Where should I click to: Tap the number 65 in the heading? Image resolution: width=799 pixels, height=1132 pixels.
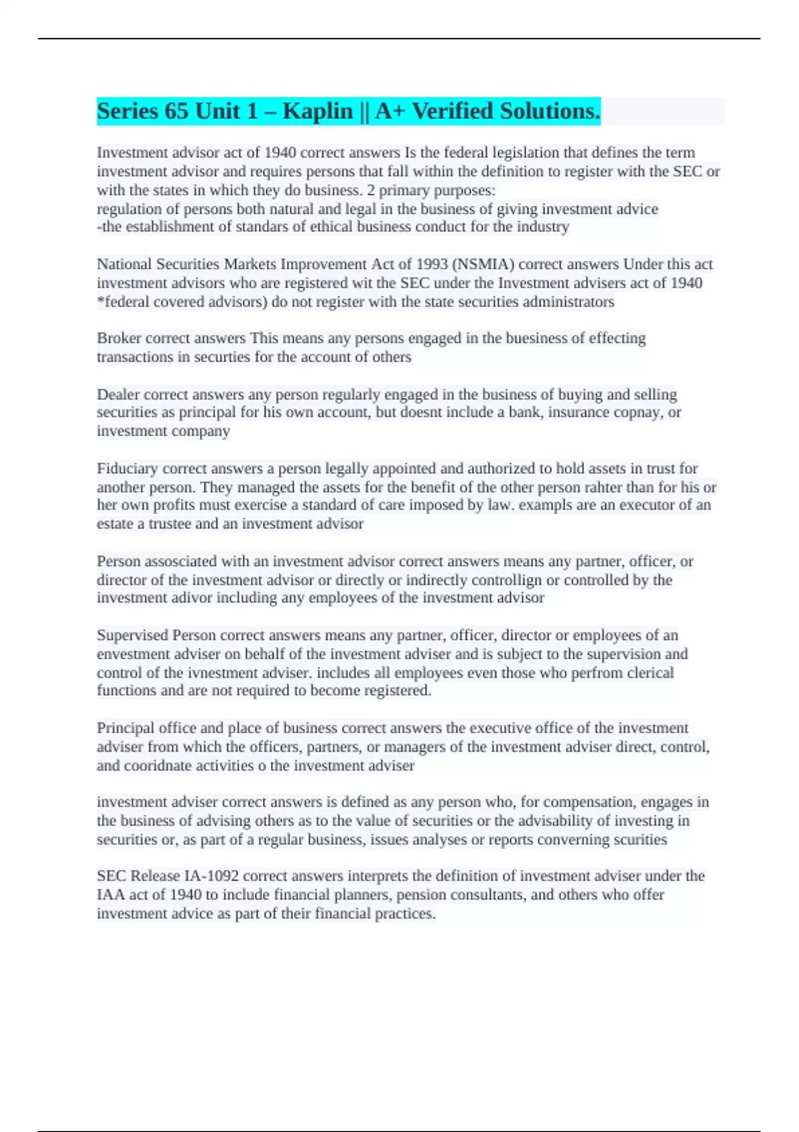pyautogui.click(x=176, y=111)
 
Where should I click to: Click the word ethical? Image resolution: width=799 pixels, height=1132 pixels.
pyautogui.click(x=332, y=227)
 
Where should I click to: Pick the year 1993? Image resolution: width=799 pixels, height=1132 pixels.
pyautogui.click(x=432, y=264)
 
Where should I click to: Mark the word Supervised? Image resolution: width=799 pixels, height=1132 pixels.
pyautogui.click(x=132, y=635)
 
